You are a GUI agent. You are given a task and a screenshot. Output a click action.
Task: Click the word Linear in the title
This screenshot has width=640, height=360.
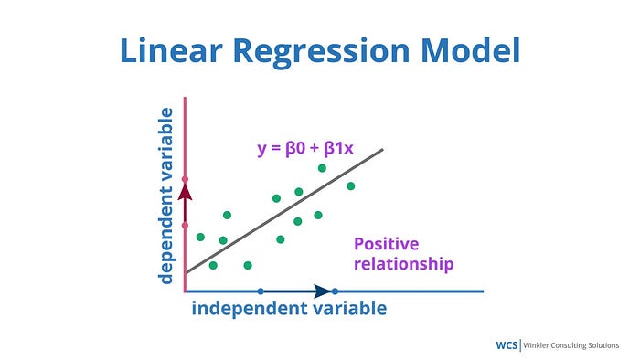[171, 50]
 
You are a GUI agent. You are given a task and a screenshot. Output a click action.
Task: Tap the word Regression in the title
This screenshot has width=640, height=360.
[321, 53]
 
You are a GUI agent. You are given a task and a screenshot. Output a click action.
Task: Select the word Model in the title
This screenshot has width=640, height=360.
[471, 49]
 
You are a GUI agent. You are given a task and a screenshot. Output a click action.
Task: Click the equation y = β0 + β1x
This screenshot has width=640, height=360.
[305, 148]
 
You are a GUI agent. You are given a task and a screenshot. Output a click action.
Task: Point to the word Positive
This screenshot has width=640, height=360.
[386, 244]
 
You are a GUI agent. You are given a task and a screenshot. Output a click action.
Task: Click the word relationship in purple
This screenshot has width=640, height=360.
[404, 263]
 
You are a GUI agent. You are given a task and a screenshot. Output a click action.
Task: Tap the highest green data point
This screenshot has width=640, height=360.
[322, 168]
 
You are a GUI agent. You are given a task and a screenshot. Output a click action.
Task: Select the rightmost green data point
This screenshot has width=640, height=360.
[350, 186]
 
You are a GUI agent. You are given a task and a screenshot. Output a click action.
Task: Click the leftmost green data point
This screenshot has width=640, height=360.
[200, 237]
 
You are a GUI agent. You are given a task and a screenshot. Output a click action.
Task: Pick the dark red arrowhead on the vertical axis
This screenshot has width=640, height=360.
[185, 192]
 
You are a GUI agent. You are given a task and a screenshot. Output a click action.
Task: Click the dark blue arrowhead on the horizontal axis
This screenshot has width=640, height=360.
[323, 291]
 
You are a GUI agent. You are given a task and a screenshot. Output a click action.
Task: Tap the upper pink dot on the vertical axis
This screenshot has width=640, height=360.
[185, 179]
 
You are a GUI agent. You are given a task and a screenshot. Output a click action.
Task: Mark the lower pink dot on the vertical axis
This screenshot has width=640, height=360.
[185, 226]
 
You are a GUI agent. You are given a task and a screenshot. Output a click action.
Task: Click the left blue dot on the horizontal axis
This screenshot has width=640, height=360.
[261, 291]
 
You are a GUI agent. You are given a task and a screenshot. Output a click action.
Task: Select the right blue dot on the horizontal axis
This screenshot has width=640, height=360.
[335, 291]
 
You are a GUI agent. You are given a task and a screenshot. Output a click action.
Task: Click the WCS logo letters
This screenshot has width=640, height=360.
[507, 345]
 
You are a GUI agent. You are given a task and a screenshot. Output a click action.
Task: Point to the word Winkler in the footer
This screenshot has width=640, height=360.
[536, 345]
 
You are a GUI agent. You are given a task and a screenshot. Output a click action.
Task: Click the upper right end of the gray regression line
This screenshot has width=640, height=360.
[383, 150]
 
